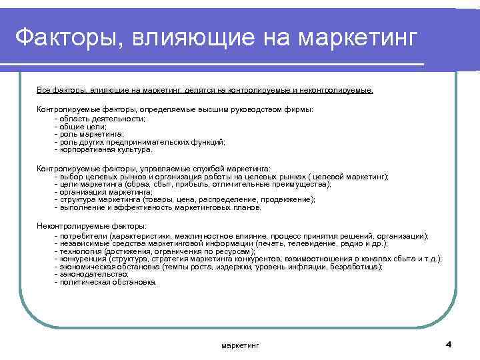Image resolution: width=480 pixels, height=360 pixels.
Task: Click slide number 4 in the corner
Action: (448, 343)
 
